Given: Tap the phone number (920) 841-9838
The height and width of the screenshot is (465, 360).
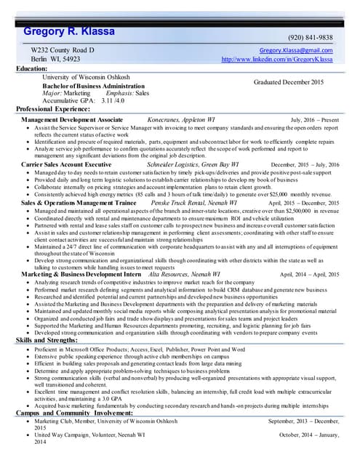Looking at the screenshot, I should [311, 38].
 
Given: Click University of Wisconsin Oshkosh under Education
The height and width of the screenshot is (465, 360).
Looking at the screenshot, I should [88, 76].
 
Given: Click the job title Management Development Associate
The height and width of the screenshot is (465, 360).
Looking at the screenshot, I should [72, 118].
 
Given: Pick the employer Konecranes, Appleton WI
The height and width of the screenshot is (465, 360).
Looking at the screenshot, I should [181, 118].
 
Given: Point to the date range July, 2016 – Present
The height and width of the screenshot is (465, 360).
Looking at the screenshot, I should [315, 118].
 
